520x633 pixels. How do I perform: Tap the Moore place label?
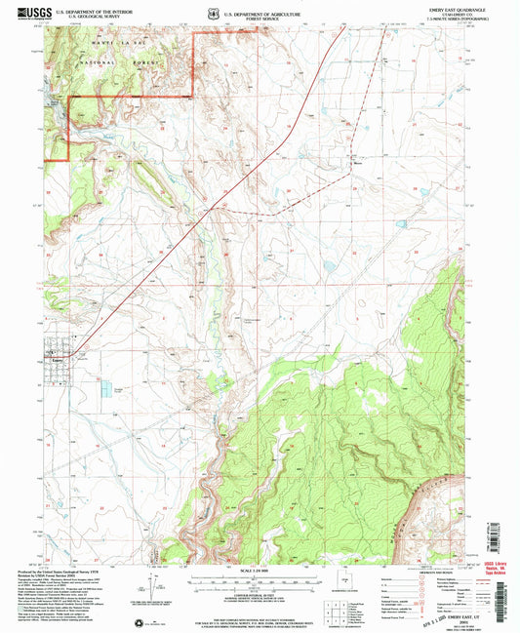pyautogui.click(x=359, y=165)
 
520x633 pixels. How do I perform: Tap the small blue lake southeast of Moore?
pyautogui.click(x=402, y=224)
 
